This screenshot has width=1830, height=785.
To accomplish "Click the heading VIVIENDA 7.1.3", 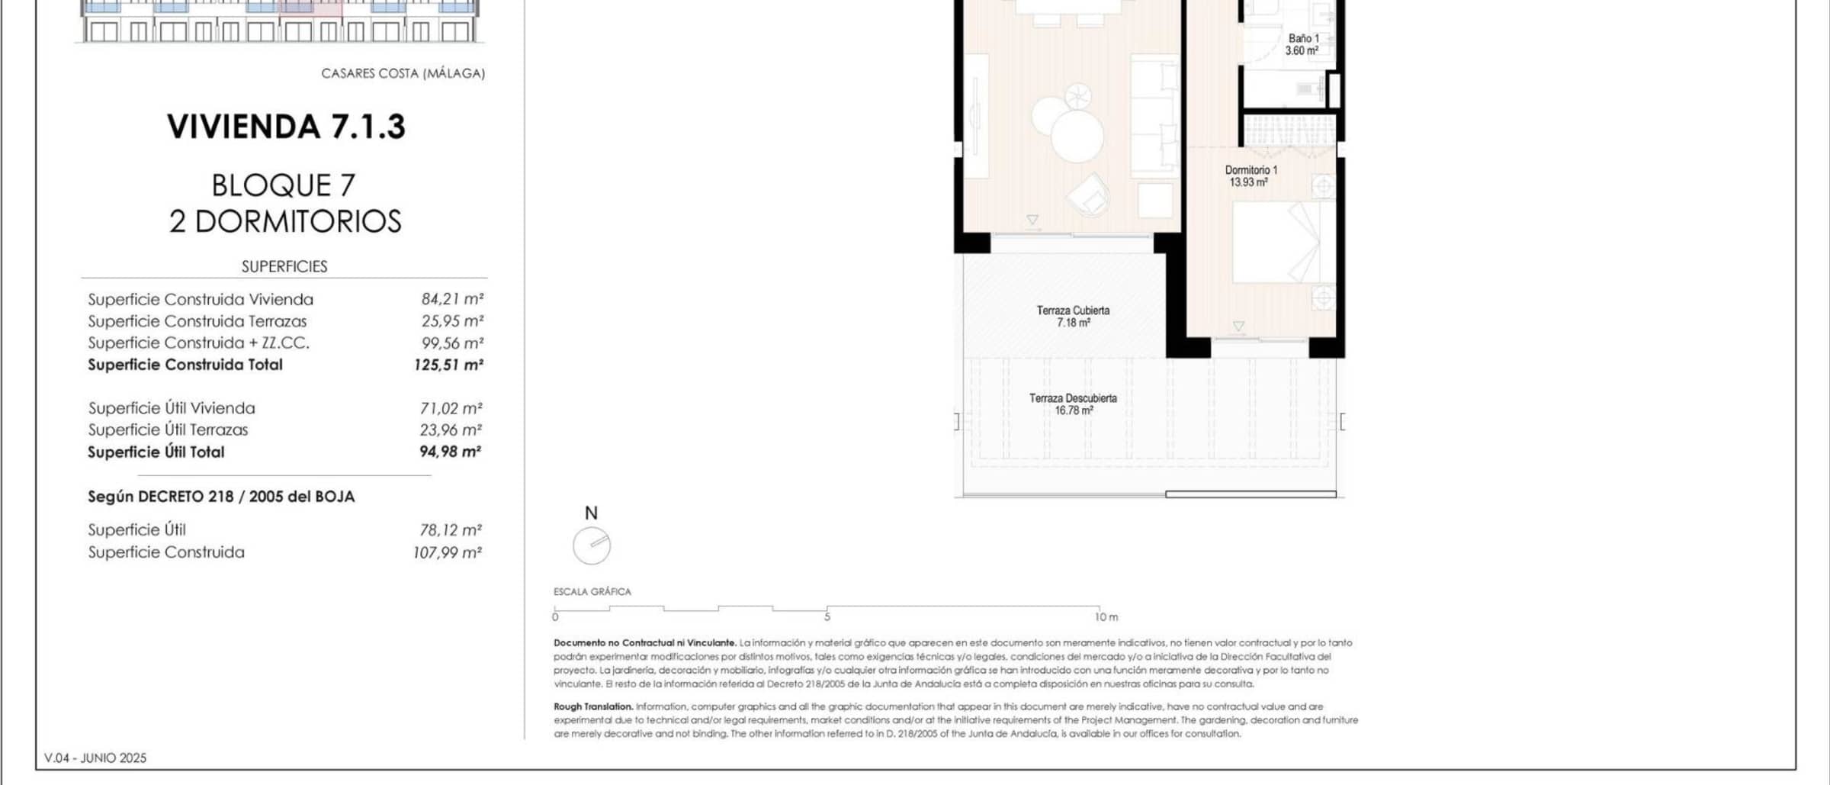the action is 286,127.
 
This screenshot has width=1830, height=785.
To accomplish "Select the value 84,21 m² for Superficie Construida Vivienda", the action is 452,299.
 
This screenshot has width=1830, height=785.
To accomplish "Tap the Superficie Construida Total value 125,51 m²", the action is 448,365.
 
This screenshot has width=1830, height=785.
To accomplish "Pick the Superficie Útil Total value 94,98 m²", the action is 450,452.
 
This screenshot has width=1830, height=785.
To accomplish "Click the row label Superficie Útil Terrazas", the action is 168,429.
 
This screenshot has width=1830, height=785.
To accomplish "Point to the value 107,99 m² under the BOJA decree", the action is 447,552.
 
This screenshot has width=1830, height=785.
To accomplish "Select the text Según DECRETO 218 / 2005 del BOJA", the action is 221,497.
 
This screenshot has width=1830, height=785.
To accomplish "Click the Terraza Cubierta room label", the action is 1073,317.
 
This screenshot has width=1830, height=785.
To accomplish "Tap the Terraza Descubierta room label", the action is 1073,404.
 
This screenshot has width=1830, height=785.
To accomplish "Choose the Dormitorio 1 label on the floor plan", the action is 1250,176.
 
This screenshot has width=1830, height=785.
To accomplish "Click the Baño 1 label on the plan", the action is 1302,44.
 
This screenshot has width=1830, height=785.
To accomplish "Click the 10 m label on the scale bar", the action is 1106,617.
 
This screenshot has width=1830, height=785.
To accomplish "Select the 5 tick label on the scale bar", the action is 827,617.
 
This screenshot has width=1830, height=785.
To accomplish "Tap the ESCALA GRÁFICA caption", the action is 592,591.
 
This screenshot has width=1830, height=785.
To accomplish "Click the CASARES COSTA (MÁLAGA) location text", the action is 403,73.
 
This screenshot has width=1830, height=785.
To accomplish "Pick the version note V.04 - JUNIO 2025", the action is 95,758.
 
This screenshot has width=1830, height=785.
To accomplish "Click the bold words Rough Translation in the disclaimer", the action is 593,706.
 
